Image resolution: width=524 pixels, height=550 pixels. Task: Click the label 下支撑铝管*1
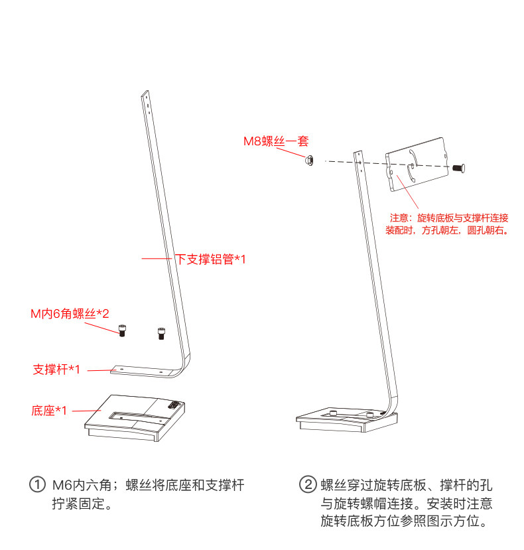tap(210, 259)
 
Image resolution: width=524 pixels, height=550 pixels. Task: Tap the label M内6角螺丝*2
tap(70, 312)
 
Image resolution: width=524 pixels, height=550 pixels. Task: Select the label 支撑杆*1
tap(56, 370)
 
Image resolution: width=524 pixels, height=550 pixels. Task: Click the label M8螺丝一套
tap(276, 141)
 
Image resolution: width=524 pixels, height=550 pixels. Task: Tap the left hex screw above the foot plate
tap(122, 330)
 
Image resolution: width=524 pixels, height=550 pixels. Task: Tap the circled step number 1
tap(37, 485)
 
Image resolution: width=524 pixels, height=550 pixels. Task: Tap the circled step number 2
tap(307, 485)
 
